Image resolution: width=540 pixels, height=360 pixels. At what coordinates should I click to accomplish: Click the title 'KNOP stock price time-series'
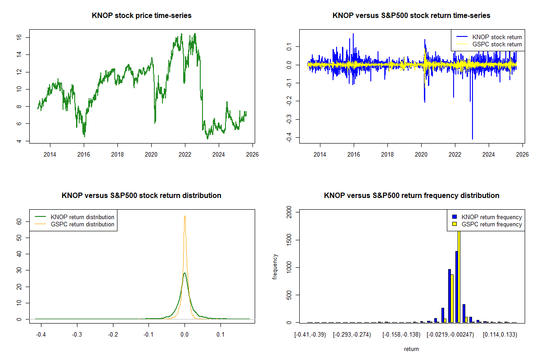click(141, 16)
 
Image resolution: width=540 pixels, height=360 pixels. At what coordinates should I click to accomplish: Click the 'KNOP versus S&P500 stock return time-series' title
click(411, 16)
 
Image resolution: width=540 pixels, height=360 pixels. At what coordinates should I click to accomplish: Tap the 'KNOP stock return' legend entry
click(497, 37)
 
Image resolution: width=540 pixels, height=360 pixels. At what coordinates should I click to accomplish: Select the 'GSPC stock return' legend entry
click(497, 44)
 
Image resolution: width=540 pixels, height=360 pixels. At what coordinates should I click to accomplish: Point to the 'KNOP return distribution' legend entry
click(82, 217)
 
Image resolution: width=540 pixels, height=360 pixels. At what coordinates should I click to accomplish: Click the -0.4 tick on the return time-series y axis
click(289, 137)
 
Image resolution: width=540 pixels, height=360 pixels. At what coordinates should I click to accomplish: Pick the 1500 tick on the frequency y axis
click(289, 241)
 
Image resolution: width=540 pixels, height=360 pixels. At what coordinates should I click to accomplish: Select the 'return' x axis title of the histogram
click(411, 349)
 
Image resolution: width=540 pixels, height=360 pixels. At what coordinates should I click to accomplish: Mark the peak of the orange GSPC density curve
click(184, 216)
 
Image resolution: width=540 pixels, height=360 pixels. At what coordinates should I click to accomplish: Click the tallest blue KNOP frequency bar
click(456, 287)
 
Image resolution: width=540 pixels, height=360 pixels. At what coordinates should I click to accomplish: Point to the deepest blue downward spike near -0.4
click(472, 139)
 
